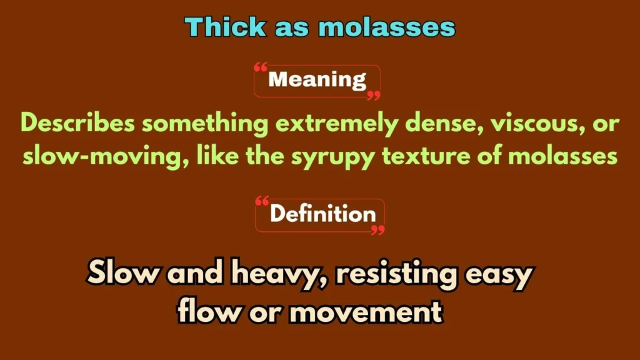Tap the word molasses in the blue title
(387, 27)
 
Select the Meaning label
(317, 80)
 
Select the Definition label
(322, 214)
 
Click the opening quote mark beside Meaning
(261, 67)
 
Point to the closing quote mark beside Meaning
(374, 95)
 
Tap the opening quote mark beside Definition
(262, 201)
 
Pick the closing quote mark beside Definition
(378, 230)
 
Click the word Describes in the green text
(77, 124)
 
